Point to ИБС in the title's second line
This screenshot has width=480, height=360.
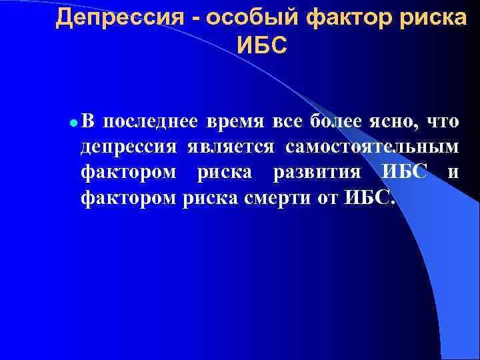tap(261, 45)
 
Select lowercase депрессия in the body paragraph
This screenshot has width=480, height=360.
tap(129, 147)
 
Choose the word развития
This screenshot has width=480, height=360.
tap(317, 173)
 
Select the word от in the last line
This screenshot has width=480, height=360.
tap(325, 198)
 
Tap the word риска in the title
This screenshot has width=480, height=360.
tap(435, 18)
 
